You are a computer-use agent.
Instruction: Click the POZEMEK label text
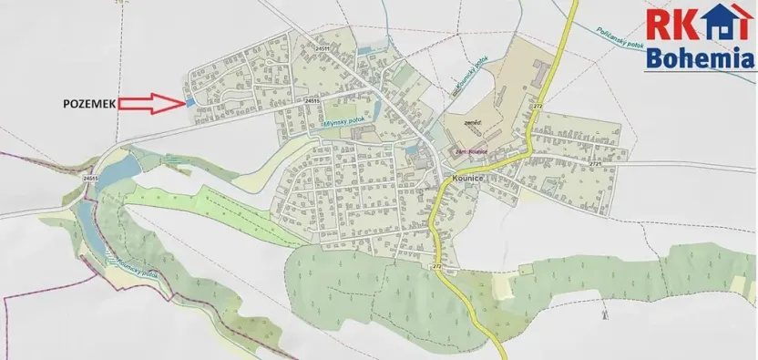pyautogui.click(x=88, y=105)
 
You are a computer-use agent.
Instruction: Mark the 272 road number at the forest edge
pyautogui.click(x=437, y=266)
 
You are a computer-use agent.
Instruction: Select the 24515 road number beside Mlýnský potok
pyautogui.click(x=312, y=99)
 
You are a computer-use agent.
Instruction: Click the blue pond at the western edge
pyautogui.click(x=122, y=165)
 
